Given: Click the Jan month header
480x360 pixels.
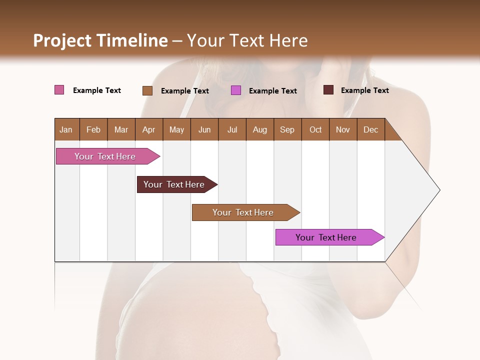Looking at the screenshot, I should (x=66, y=129).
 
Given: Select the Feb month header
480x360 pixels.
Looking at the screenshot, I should (x=93, y=129).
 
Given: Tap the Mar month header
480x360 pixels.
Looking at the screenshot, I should (x=121, y=129).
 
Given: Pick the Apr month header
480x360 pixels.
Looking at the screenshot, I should (x=148, y=129).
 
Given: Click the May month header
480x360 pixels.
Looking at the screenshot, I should (x=176, y=129).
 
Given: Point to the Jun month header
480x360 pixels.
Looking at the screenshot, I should (x=204, y=129).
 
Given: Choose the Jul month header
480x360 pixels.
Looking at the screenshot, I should (x=232, y=129).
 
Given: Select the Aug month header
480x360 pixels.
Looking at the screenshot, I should (x=259, y=129).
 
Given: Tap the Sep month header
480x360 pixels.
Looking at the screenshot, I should (x=287, y=129).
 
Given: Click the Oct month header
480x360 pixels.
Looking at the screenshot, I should (x=315, y=129).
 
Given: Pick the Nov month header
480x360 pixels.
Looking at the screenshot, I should (x=342, y=129).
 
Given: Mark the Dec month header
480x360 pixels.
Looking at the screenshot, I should (x=370, y=129).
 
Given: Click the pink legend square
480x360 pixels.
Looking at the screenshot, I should (x=59, y=90).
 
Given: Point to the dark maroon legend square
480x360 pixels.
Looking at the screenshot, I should (x=328, y=90).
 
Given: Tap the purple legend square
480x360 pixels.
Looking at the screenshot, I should (x=236, y=90).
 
